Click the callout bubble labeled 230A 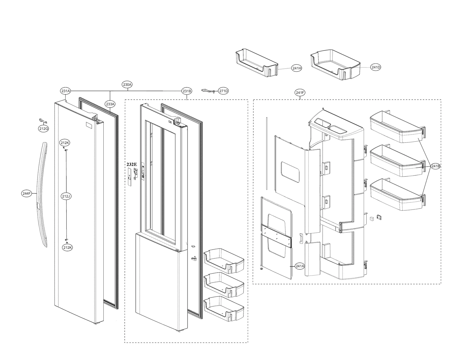(x=127, y=84)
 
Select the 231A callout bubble (x=66, y=91)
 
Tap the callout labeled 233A (x=110, y=104)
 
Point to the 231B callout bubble (x=187, y=91)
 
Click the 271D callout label (x=223, y=91)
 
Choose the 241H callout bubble (x=296, y=68)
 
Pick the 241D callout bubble (x=375, y=67)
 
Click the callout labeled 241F (x=300, y=93)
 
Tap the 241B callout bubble (x=435, y=166)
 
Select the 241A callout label (x=300, y=266)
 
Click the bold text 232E (x=131, y=164)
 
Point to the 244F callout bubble (x=27, y=193)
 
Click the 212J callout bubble (x=66, y=196)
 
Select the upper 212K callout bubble (x=65, y=143)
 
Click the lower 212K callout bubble (x=67, y=248)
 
